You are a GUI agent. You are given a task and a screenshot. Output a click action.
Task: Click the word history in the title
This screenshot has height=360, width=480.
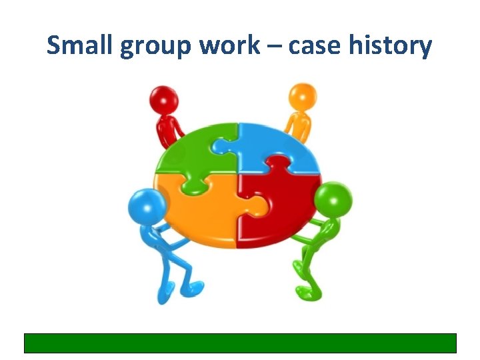click(x=393, y=47)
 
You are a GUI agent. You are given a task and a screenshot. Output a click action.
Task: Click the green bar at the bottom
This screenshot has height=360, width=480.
click(x=240, y=343)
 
